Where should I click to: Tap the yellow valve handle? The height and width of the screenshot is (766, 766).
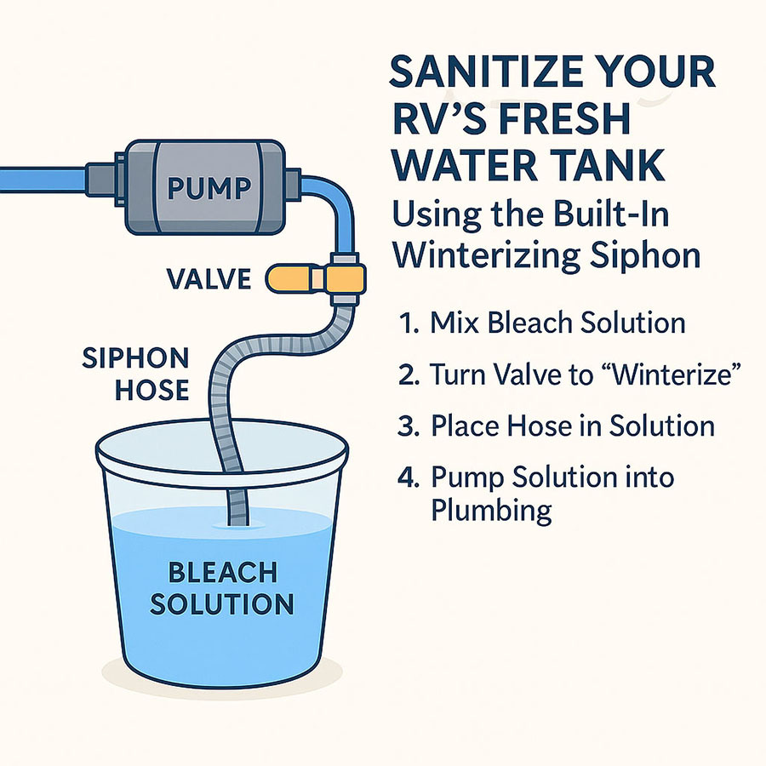(x=294, y=277)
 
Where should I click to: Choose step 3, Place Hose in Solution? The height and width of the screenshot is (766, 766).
(x=557, y=426)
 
